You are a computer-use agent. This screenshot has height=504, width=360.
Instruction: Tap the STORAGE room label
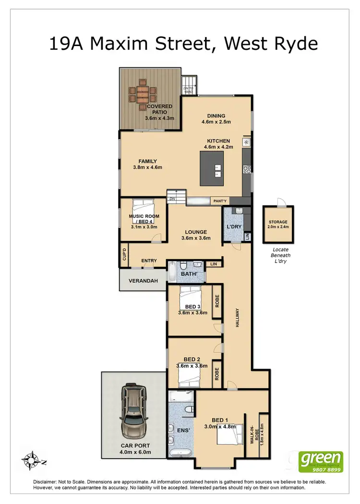pyautogui.click(x=278, y=222)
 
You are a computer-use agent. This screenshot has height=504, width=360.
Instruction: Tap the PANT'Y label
pyautogui.click(x=220, y=200)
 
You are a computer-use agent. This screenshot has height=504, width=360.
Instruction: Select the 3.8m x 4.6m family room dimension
pyautogui.click(x=148, y=168)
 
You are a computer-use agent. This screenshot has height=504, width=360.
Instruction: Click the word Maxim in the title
pyautogui.click(x=141, y=44)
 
